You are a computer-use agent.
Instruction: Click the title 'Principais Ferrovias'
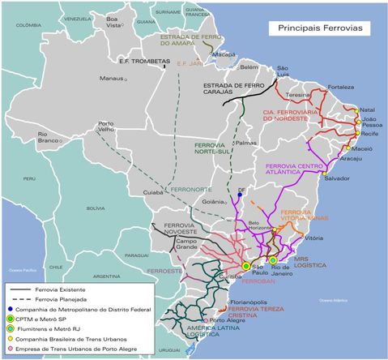(320, 28)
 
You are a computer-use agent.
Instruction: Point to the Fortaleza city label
(340, 87)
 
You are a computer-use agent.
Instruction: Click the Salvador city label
(336, 178)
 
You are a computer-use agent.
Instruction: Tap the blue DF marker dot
(241, 195)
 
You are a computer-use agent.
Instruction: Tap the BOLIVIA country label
(96, 208)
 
